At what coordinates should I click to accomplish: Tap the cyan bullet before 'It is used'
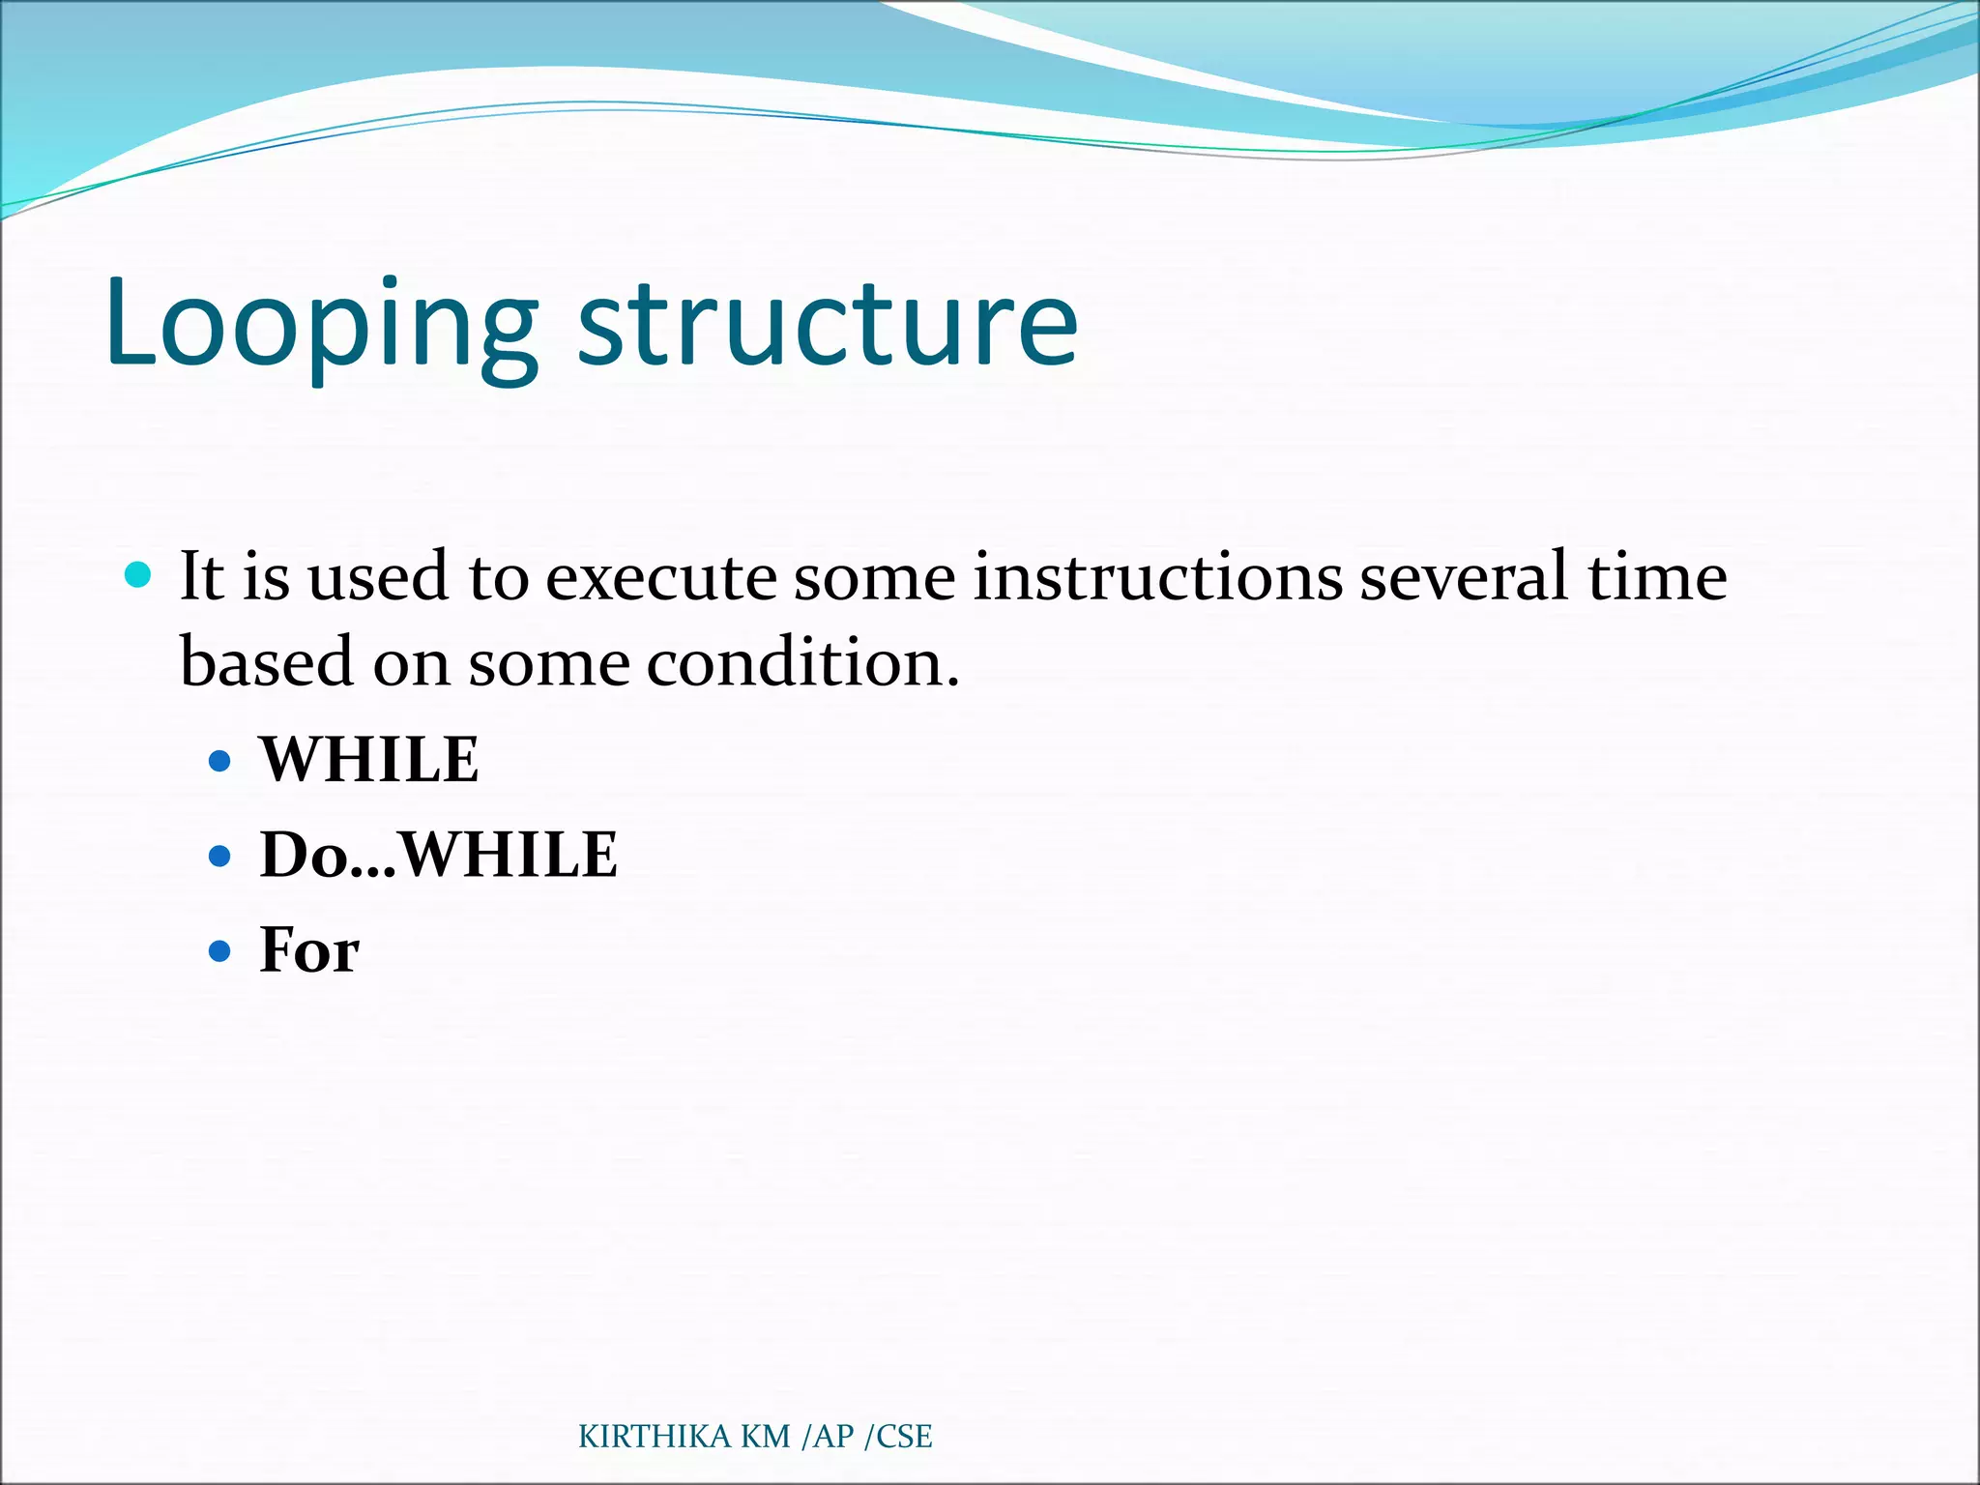(139, 575)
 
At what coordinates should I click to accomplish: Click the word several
(1464, 577)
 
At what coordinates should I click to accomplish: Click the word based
(267, 663)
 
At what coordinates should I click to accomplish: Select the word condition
(802, 663)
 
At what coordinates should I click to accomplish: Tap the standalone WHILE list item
(369, 760)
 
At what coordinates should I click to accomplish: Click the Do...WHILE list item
(438, 856)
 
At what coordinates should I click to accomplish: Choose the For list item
(309, 950)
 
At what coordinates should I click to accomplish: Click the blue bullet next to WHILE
(220, 761)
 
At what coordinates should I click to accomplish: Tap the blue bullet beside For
(220, 951)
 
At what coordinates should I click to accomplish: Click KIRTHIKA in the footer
(655, 1437)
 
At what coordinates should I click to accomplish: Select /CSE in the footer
(898, 1437)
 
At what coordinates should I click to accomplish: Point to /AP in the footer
(829, 1437)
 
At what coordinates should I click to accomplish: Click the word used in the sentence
(378, 577)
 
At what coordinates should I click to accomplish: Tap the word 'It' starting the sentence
(202, 577)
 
